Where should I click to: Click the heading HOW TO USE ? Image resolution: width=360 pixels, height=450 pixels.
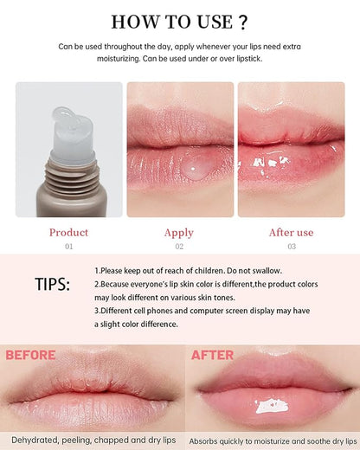click(179, 22)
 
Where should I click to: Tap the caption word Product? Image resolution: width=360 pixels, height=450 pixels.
click(68, 232)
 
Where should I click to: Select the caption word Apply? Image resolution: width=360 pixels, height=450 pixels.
click(179, 232)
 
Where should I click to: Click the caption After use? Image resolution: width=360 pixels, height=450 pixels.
click(291, 232)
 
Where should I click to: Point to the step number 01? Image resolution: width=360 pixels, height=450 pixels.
click(68, 247)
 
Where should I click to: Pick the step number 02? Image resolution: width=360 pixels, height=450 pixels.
click(179, 247)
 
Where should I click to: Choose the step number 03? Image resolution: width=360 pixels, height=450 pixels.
click(291, 247)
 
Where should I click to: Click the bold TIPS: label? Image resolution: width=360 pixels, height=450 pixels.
click(53, 286)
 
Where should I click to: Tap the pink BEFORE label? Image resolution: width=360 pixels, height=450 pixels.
click(30, 355)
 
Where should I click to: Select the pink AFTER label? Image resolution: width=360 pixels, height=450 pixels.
click(212, 355)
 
